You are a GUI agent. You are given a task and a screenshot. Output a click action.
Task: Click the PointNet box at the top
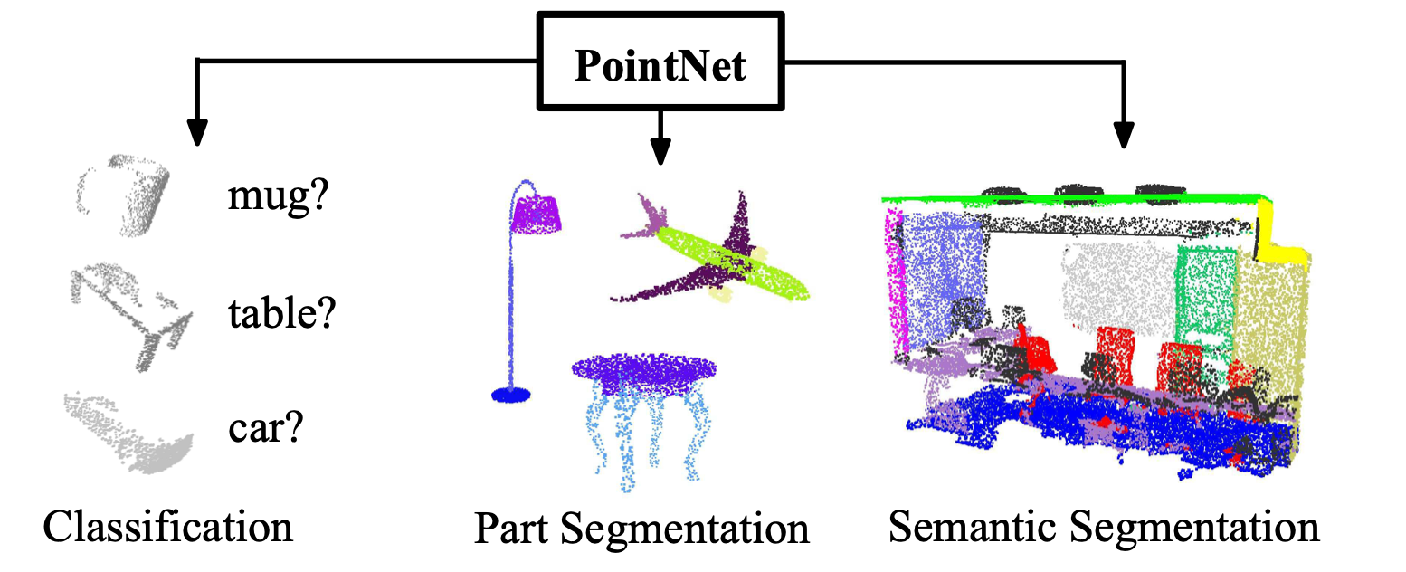click(661, 63)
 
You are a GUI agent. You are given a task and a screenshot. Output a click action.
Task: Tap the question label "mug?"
click(275, 195)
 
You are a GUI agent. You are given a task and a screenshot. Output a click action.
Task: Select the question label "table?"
click(281, 312)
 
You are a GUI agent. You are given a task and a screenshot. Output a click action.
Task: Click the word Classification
click(168, 526)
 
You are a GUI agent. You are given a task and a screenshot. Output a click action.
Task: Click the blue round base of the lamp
click(511, 394)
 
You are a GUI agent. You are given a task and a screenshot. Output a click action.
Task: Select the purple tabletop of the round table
click(644, 371)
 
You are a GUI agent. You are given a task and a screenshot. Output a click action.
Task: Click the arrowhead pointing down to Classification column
click(196, 133)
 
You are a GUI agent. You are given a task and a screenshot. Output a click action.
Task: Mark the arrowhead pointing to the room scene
click(1123, 136)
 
